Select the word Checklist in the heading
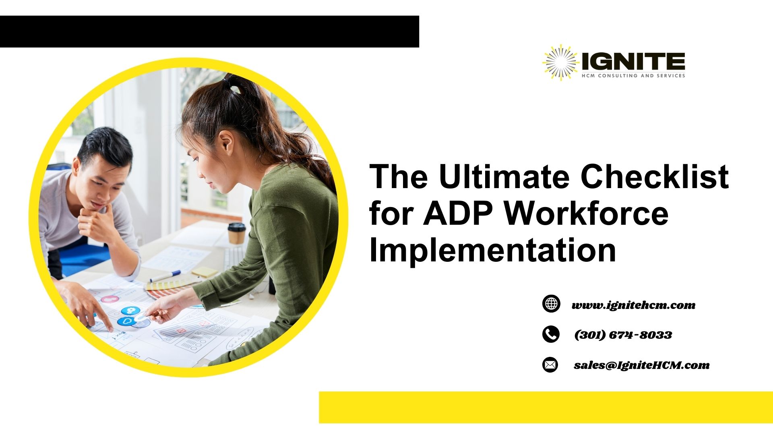[655, 177]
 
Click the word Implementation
[492, 250]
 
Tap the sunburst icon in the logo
[560, 62]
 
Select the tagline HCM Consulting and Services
[633, 76]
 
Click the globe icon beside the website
[551, 304]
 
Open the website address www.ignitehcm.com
[633, 305]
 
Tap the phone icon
[551, 334]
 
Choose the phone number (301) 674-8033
[623, 335]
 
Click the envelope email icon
[550, 365]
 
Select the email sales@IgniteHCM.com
[641, 365]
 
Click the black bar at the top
[209, 31]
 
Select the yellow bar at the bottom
[546, 407]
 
